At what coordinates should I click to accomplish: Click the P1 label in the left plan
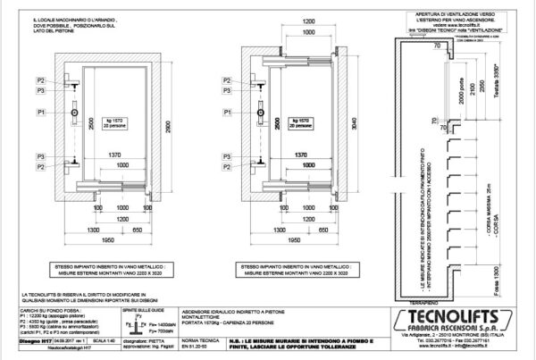[41, 111]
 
